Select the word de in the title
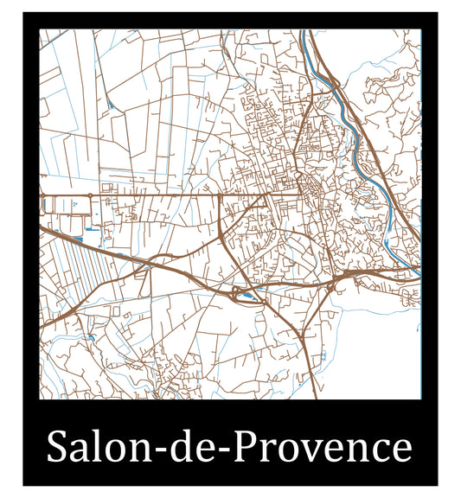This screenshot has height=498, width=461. (x=204, y=448)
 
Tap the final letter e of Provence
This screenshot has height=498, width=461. (x=400, y=451)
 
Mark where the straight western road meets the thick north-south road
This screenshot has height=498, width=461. (x=221, y=195)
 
